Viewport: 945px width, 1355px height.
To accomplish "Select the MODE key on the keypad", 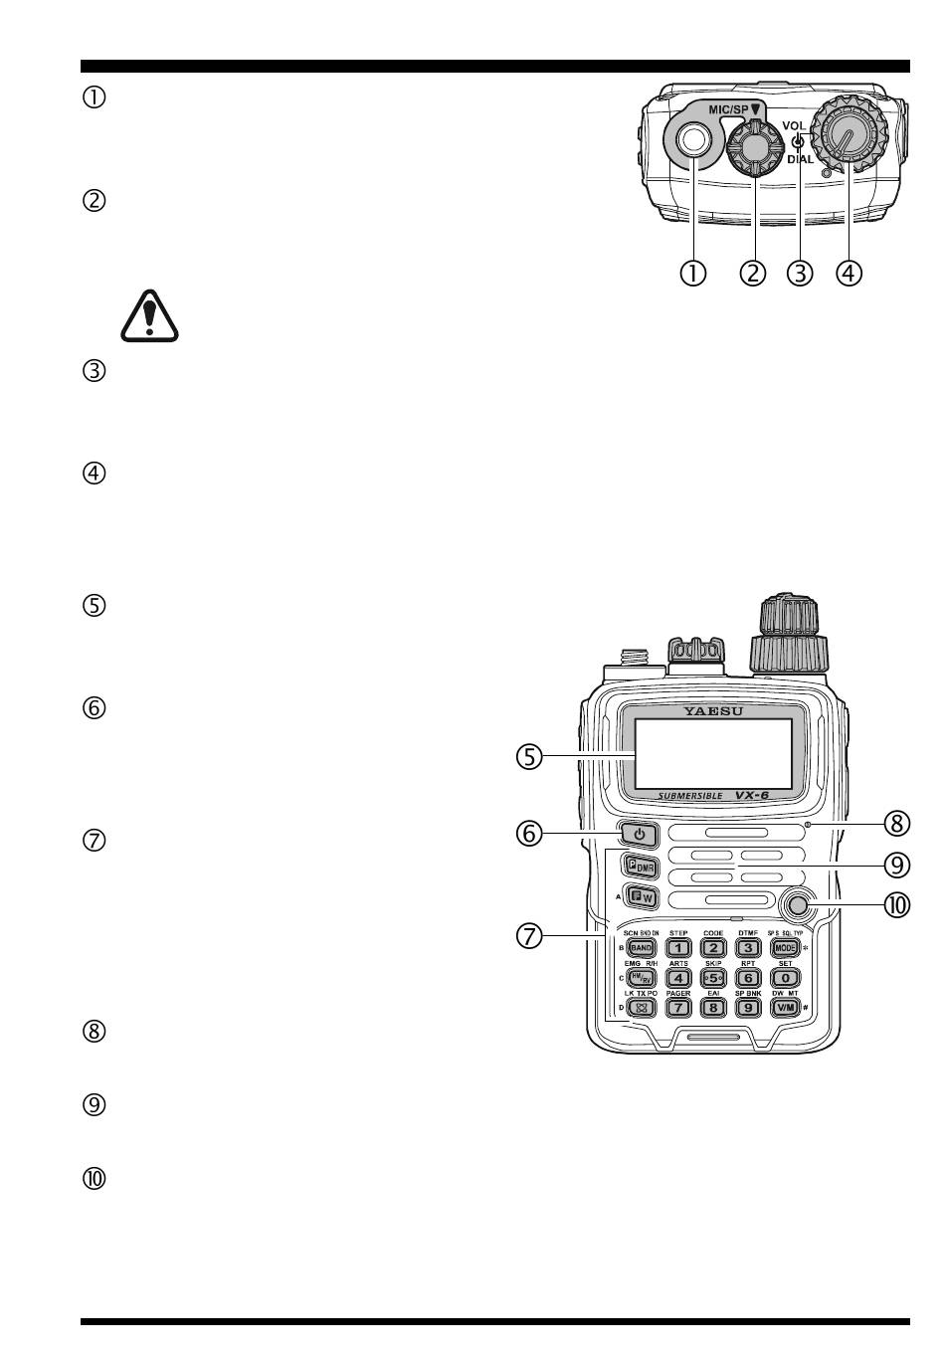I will tap(785, 948).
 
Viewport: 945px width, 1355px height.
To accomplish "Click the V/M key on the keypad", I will tap(785, 1007).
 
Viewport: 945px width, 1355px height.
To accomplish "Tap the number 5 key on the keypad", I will tap(712, 978).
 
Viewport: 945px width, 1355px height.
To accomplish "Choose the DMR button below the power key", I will tap(640, 865).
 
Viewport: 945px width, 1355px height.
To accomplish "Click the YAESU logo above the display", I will tap(713, 711).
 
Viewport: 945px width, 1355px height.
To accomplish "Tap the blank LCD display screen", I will tap(713, 753).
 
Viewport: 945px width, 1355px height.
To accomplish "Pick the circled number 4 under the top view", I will tap(849, 272).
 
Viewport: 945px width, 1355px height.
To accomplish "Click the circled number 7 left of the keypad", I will tap(529, 935).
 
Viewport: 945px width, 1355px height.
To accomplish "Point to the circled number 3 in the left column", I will tap(94, 373).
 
